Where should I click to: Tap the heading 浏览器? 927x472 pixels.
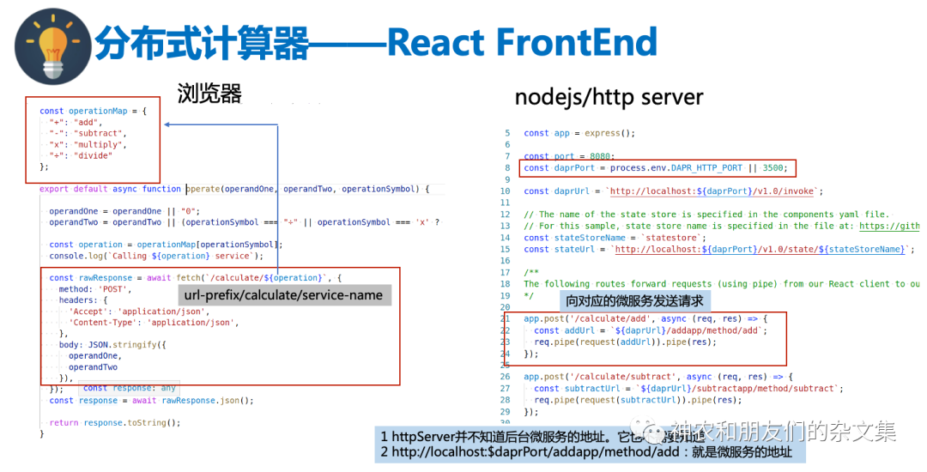[209, 93]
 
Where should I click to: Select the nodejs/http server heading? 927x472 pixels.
[609, 97]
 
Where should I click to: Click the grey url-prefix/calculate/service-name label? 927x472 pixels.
[284, 295]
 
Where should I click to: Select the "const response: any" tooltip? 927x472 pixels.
[129, 388]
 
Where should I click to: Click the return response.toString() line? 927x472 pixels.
[115, 422]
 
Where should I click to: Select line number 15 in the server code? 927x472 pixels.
[506, 249]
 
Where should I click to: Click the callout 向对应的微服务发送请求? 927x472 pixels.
[634, 301]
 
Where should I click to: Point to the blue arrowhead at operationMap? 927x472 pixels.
[168, 125]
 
